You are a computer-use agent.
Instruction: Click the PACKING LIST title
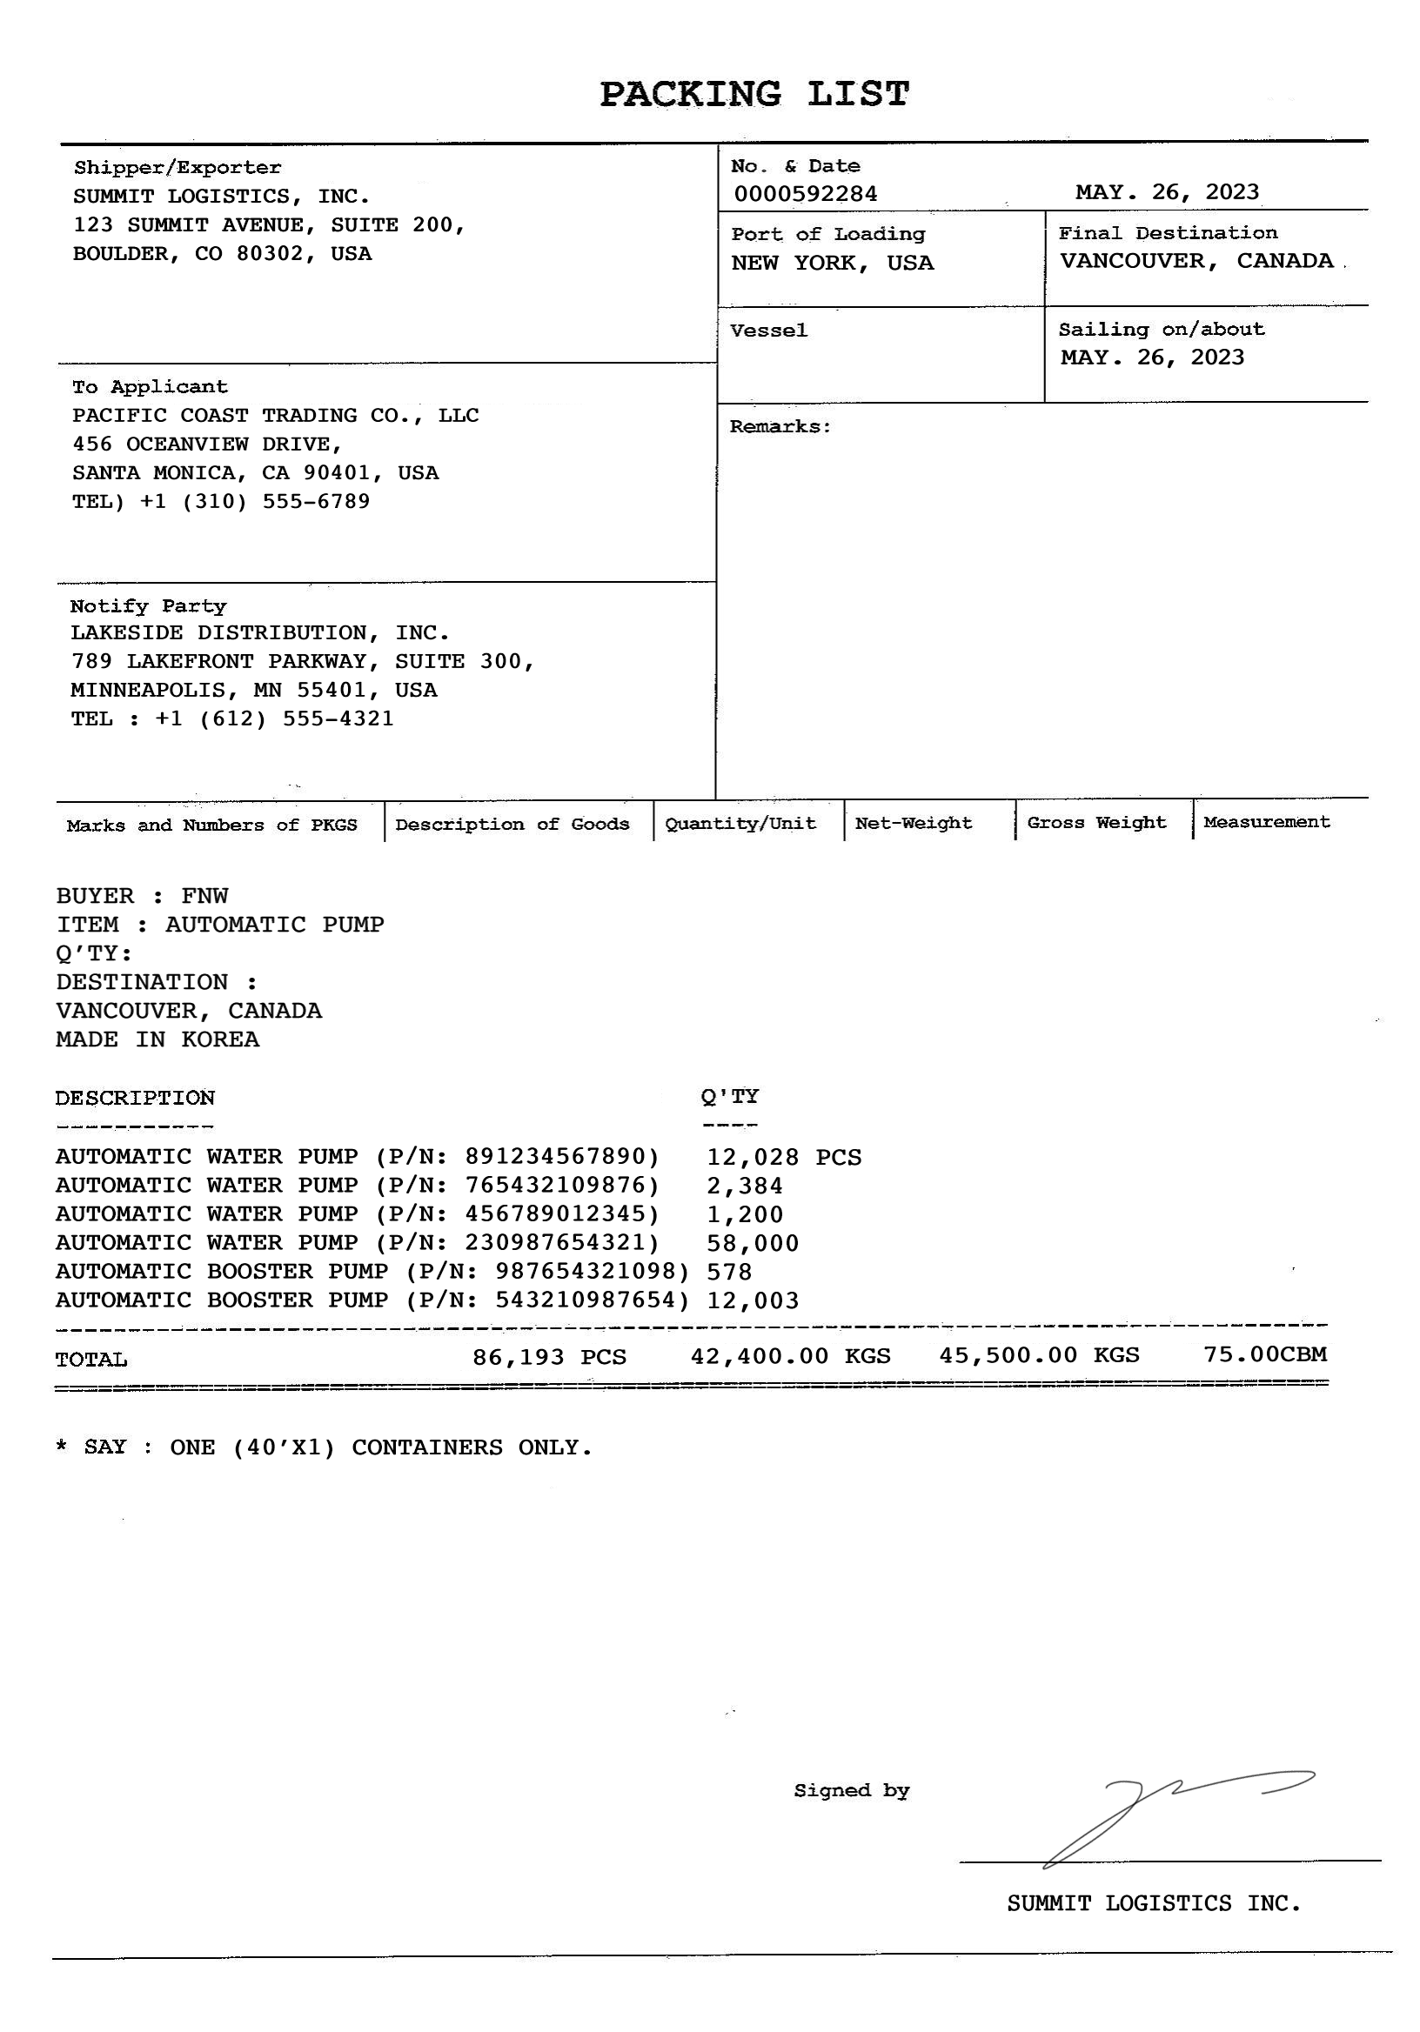(x=754, y=94)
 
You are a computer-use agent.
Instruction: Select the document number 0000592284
(x=805, y=194)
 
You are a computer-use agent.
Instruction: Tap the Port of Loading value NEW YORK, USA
(x=831, y=263)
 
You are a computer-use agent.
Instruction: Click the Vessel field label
(x=767, y=331)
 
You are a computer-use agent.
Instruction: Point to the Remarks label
(x=779, y=427)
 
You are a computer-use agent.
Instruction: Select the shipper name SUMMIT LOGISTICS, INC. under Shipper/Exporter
(x=220, y=197)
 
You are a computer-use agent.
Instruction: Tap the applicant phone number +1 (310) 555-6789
(x=254, y=502)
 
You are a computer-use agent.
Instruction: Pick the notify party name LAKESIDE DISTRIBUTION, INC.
(x=259, y=632)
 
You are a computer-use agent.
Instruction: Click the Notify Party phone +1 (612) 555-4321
(x=273, y=719)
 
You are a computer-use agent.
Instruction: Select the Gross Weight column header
(x=1096, y=823)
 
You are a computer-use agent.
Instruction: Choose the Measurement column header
(x=1266, y=822)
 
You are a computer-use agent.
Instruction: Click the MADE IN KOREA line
(x=157, y=1039)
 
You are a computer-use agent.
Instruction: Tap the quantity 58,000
(x=753, y=1243)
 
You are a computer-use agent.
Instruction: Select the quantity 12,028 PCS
(x=783, y=1158)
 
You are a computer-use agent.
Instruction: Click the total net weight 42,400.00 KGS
(x=790, y=1356)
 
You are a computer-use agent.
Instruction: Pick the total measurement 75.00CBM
(x=1264, y=1354)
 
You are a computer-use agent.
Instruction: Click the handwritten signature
(x=1169, y=1815)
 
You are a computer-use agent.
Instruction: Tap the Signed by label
(x=851, y=1790)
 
